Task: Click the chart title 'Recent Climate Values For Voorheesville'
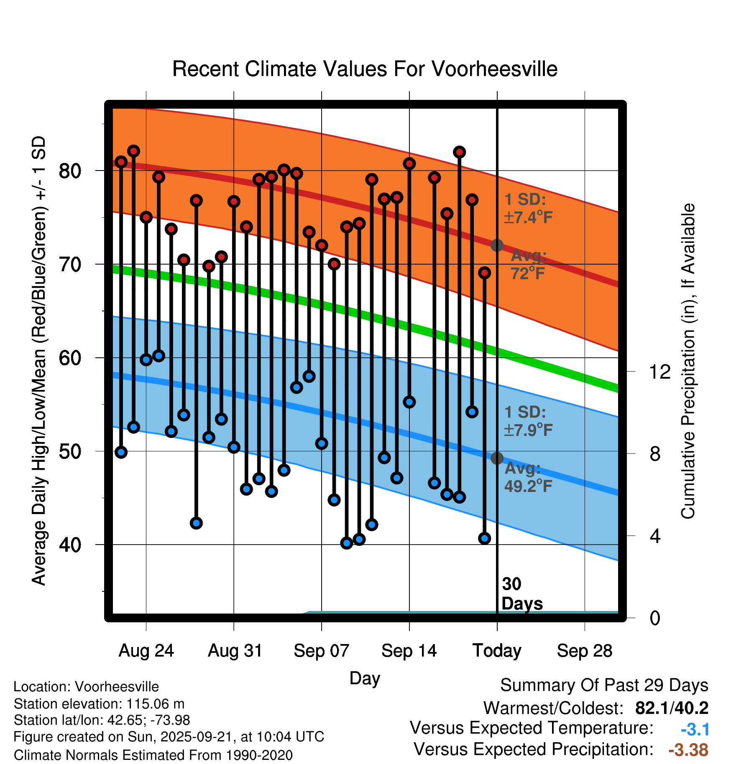click(365, 69)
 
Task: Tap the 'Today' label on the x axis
click(497, 651)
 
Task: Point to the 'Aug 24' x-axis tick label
click(146, 651)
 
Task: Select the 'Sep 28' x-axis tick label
click(584, 651)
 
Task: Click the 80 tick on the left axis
click(70, 171)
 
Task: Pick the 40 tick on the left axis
click(70, 545)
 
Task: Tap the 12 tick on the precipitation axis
click(660, 372)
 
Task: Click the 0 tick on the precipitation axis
click(655, 618)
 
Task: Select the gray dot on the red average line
click(497, 245)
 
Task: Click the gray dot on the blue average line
click(497, 458)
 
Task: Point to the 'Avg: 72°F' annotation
click(529, 264)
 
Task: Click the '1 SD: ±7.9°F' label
click(528, 421)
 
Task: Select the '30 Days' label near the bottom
click(521, 594)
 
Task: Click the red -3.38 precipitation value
click(688, 750)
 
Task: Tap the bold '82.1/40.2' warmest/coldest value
click(672, 708)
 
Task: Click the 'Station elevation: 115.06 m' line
click(99, 704)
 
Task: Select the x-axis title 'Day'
click(365, 678)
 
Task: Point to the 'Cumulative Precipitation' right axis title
click(688, 361)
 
